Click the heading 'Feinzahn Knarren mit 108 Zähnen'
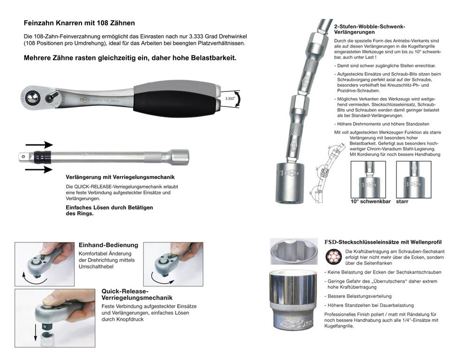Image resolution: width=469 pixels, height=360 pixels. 79,23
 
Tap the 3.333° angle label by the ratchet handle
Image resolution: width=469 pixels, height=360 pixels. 230,98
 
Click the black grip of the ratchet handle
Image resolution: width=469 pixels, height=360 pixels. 176,102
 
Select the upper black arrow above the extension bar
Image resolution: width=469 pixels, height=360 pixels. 39,145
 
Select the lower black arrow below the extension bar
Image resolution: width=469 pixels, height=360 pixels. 39,170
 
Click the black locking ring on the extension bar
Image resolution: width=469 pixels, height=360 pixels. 43,156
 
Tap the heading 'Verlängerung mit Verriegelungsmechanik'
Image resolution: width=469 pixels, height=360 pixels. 120,177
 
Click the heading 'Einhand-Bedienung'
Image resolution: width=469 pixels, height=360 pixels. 108,245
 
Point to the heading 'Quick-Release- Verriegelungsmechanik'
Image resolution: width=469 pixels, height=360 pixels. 137,294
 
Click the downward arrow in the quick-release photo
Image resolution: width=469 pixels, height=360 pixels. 36,332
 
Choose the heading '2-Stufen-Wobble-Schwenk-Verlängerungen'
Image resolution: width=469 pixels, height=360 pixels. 370,30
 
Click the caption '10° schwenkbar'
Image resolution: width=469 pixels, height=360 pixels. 371,202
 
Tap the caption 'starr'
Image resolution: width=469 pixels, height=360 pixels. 402,202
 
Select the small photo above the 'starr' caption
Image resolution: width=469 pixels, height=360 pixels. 414,180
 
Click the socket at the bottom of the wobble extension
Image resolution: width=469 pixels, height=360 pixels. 290,183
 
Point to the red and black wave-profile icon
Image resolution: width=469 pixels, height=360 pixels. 333,257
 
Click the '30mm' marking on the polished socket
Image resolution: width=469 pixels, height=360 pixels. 305,323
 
